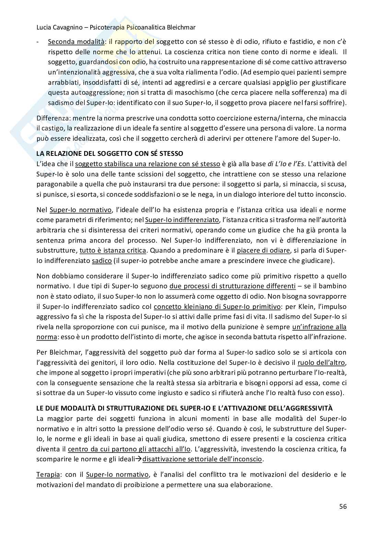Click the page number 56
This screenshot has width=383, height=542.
(342, 506)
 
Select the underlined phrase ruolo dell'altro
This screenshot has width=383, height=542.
(321, 362)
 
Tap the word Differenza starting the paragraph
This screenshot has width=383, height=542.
(50, 118)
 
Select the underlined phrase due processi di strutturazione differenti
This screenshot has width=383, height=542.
(232, 286)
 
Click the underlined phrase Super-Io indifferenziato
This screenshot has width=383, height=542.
(182, 220)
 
